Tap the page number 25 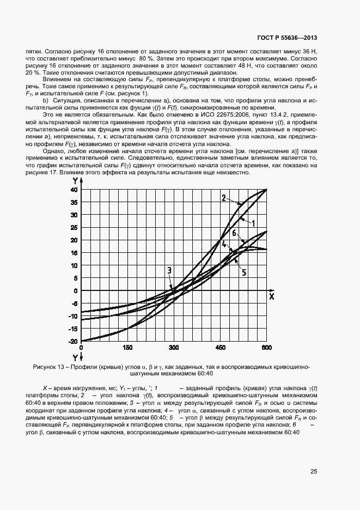[x=314, y=472]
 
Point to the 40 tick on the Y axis [x=74, y=190]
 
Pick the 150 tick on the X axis [x=128, y=347]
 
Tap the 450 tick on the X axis [x=221, y=347]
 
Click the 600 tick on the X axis [x=267, y=347]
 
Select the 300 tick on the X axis [x=174, y=347]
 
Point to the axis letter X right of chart [x=271, y=296]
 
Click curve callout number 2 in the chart [x=223, y=198]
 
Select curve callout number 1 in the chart [x=253, y=222]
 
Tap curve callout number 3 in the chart [x=169, y=271]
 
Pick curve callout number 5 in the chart [x=244, y=272]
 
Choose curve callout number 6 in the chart [x=234, y=233]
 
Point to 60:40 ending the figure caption [x=204, y=374]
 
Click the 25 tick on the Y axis [x=74, y=228]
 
